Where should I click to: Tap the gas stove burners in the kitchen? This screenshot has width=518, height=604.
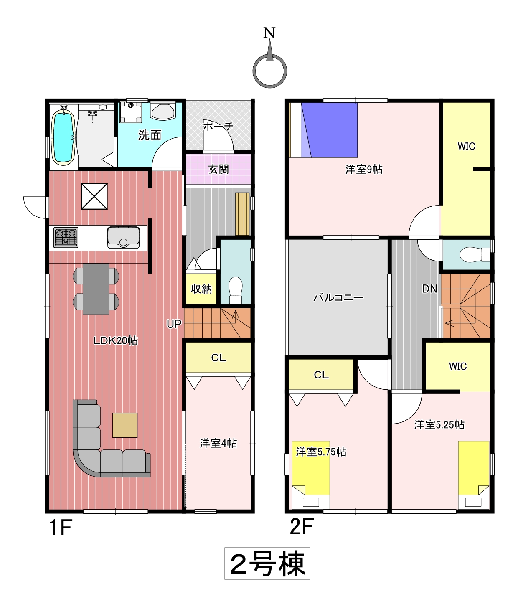pos(66,237)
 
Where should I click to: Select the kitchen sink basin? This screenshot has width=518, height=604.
pos(123,237)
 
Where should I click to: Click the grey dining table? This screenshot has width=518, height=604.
pos(96,289)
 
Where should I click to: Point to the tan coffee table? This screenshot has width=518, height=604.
pos(125,425)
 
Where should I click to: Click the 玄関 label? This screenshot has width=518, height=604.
pos(218,169)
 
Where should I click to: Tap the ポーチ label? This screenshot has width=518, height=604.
pos(218,126)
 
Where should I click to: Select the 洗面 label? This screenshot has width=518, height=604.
pos(150,135)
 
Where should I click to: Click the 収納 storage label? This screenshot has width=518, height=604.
pos(201,289)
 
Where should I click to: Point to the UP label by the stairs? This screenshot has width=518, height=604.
pos(174,324)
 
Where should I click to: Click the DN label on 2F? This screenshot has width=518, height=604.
pos(429,289)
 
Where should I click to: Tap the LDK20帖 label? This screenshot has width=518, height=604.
pos(115,341)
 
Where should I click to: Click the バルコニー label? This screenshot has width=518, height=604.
pos(338,298)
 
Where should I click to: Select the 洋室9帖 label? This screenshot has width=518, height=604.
pos(364,170)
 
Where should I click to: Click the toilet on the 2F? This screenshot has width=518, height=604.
pos(475,254)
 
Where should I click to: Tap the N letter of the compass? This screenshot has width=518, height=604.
pos(269,33)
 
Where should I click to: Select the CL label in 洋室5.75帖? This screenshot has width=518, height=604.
pos(321,375)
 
